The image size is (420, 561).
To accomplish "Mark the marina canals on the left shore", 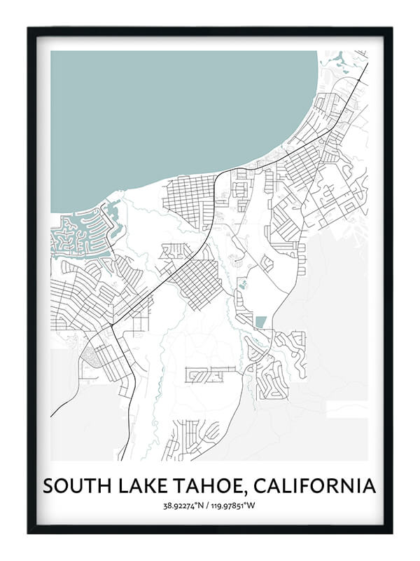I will (x=80, y=235).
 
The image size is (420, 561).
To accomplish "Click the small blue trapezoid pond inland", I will (x=260, y=322).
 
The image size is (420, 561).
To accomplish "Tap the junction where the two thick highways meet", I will (x=112, y=327).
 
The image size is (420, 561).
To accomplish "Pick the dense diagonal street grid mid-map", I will (x=196, y=280).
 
